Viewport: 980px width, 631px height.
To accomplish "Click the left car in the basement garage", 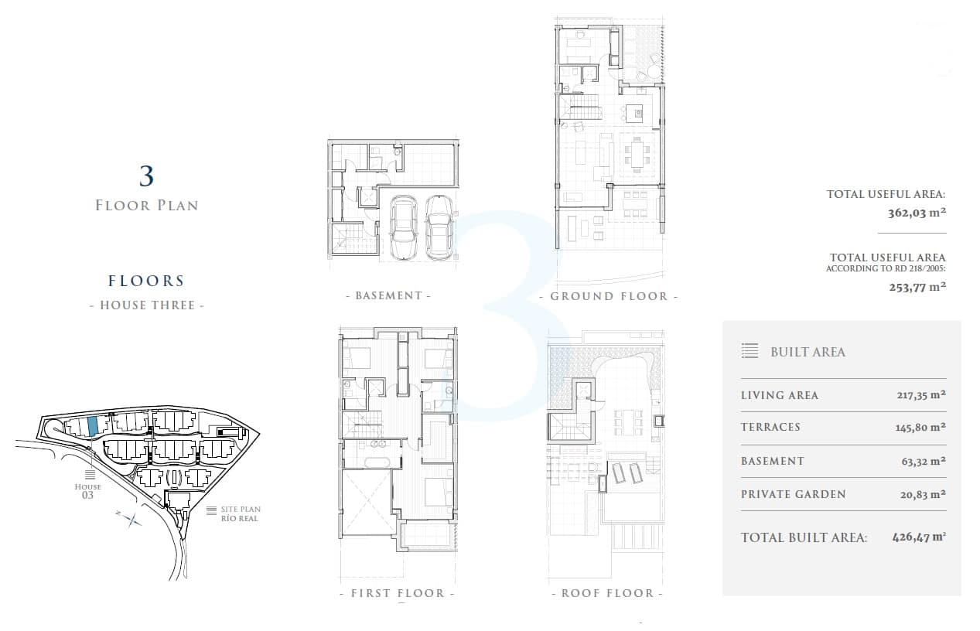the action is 404,227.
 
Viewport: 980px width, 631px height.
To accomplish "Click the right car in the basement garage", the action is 439,227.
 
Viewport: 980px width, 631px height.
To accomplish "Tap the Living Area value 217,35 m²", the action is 921,395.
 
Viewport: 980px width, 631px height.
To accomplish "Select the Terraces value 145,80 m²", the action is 920,427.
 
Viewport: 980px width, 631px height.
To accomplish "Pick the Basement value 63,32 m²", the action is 924,461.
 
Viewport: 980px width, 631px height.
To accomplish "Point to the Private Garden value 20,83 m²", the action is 923,494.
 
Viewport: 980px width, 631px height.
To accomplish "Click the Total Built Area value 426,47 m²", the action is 919,537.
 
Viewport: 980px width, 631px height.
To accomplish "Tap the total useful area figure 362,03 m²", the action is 917,213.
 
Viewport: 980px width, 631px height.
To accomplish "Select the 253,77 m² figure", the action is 917,287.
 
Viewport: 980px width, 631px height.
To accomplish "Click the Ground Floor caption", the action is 609,296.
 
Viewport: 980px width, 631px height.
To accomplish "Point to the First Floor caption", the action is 398,593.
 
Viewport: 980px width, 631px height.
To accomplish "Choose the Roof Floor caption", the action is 608,593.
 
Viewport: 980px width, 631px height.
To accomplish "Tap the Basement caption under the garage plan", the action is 388,295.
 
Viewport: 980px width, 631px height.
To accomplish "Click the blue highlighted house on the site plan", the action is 92,425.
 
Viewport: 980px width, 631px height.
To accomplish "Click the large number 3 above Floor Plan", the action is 146,176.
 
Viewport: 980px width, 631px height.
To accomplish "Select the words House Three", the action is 147,305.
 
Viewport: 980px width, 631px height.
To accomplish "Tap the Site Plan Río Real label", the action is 241,513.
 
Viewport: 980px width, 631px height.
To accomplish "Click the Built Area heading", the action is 808,352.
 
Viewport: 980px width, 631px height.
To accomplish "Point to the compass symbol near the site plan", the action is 129,519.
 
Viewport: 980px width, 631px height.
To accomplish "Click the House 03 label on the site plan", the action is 88,491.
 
